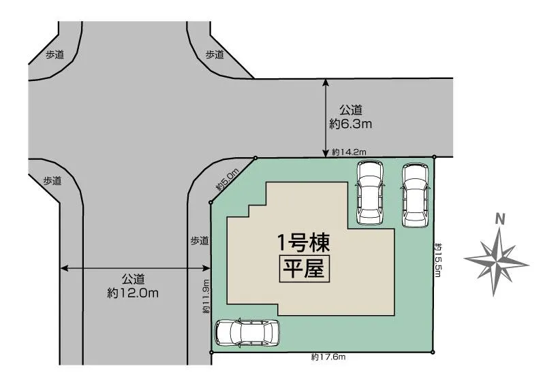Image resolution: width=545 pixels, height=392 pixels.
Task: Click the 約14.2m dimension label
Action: (349, 152)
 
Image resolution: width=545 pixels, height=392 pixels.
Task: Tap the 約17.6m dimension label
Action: (329, 357)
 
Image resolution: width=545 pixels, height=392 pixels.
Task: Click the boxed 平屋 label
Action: (304, 269)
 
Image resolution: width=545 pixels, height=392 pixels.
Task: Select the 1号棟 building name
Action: (304, 241)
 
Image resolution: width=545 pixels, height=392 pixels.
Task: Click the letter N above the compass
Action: (500, 219)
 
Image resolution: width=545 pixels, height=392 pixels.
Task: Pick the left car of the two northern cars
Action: (370, 193)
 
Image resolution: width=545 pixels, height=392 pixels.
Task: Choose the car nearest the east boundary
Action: (415, 195)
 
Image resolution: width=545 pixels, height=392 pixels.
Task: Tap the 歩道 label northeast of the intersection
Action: (215, 54)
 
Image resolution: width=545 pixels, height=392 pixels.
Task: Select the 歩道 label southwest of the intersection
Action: (52, 180)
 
